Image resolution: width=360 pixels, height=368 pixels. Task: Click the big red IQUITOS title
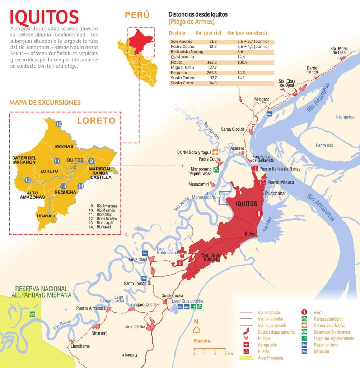44,17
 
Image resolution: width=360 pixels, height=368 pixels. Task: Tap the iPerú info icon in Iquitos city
259,213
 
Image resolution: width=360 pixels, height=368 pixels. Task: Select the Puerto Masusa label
281,183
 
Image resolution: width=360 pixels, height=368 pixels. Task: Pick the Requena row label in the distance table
179,73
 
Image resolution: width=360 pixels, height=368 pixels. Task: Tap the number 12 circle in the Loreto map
59,124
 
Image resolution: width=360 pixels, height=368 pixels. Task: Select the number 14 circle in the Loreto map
81,186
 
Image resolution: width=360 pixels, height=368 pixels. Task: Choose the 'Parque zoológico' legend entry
328,319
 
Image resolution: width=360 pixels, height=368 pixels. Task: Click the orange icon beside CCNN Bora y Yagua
215,152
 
